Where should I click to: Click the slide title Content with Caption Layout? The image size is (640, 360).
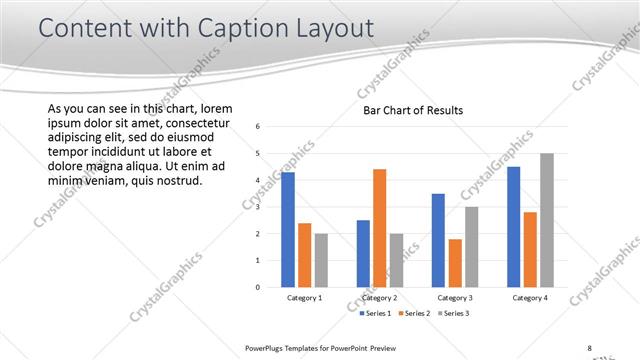coord(206,29)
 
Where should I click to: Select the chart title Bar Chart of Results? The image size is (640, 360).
coord(412,110)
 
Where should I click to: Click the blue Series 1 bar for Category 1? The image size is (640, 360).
coord(288,230)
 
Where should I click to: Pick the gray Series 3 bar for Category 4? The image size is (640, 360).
coord(546,220)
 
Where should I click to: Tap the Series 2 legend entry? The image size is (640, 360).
coord(414,314)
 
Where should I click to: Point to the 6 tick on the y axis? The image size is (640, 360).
coord(258,127)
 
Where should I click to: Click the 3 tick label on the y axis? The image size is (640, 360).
coord(258,207)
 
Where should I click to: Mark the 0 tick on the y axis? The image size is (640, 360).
coord(258,288)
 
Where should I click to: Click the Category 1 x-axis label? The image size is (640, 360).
coord(304,298)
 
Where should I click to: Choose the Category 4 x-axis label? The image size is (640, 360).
coord(529,298)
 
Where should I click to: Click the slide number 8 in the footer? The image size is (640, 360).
coord(590,348)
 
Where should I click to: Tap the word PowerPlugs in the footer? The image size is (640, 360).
coord(267,348)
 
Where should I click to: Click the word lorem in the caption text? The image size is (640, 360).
coord(216,108)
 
